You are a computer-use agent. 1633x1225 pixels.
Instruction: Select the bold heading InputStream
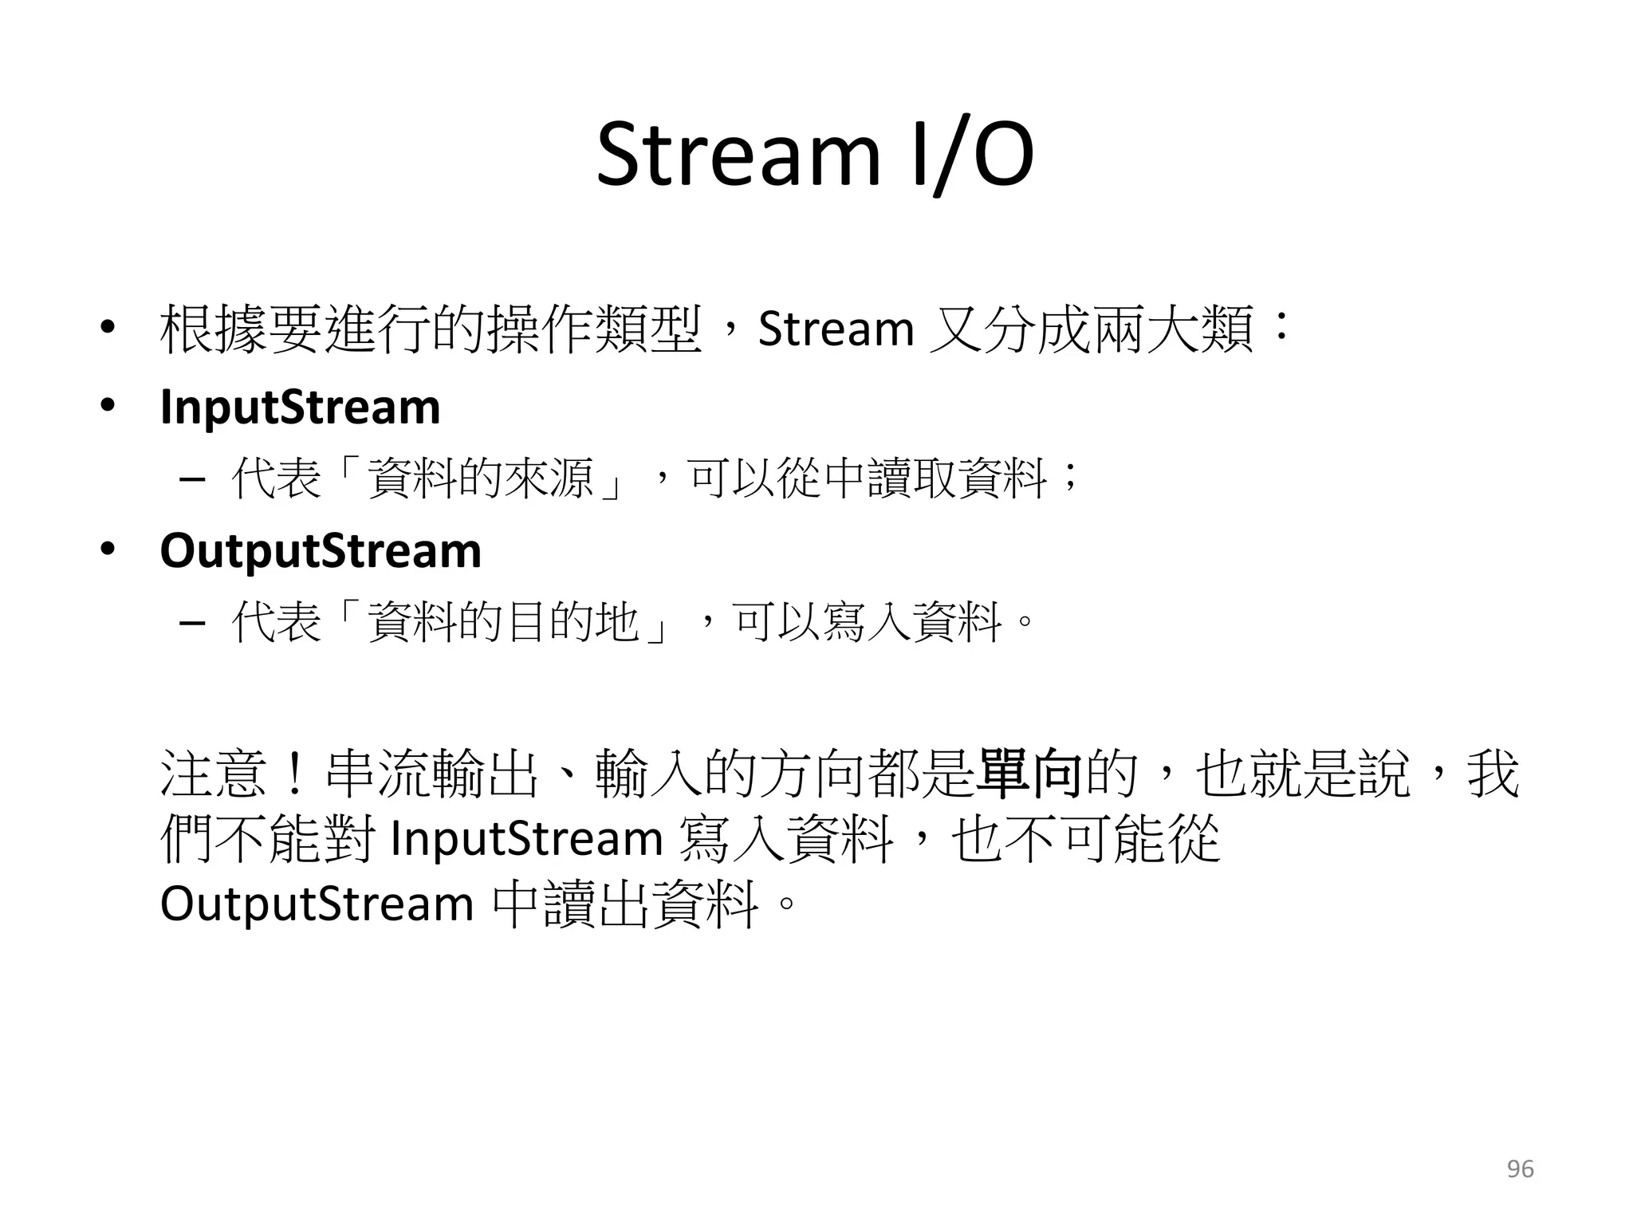click(300, 408)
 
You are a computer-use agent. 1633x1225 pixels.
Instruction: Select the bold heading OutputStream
click(321, 551)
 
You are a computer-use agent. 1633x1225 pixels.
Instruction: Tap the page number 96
click(1520, 1169)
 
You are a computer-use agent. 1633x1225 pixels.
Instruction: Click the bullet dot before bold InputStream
click(107, 407)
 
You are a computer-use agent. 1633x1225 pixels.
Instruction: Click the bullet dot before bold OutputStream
click(107, 550)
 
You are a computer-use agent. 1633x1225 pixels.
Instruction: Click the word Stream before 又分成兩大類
click(836, 329)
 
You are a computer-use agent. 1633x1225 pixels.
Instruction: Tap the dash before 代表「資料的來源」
click(192, 480)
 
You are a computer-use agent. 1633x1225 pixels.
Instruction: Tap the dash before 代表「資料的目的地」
click(192, 623)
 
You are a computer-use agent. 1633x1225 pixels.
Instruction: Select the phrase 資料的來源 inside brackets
click(481, 479)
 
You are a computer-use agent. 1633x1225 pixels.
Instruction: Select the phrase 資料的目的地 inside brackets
click(503, 622)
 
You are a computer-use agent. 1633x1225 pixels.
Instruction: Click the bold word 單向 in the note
click(1029, 773)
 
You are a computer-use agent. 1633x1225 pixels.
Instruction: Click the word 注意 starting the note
click(213, 773)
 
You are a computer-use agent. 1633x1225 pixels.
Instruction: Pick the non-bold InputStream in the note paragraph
click(526, 839)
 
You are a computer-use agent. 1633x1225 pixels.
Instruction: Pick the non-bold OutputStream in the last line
click(317, 904)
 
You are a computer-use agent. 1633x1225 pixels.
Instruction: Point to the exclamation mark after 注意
click(294, 773)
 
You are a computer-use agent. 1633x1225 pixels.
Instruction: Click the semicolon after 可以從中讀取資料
click(1069, 480)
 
